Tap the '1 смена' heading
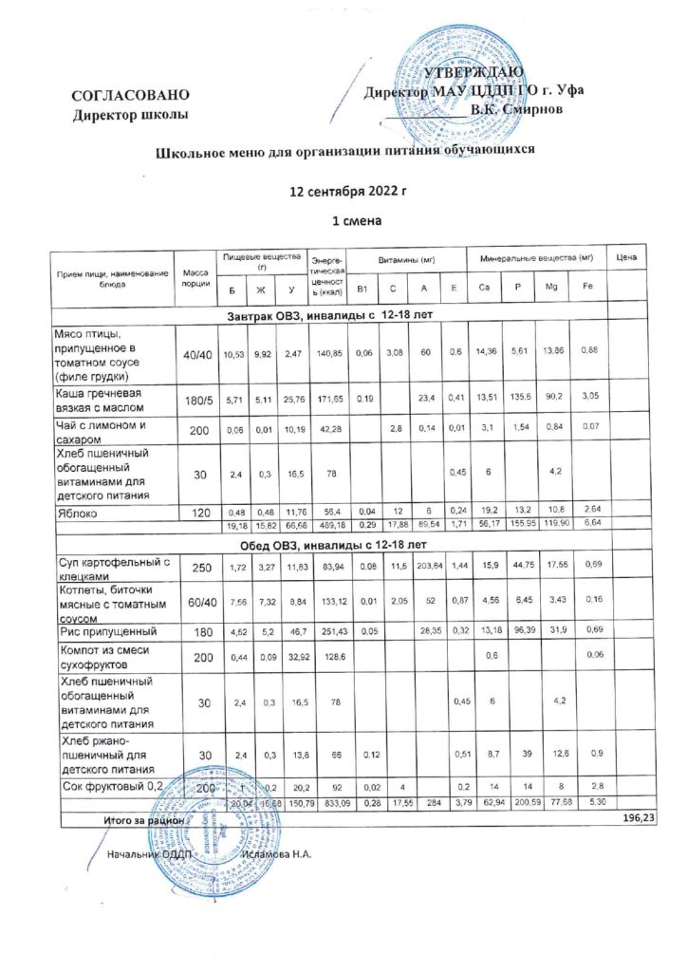350,222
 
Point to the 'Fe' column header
588,288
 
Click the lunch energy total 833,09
330,804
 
